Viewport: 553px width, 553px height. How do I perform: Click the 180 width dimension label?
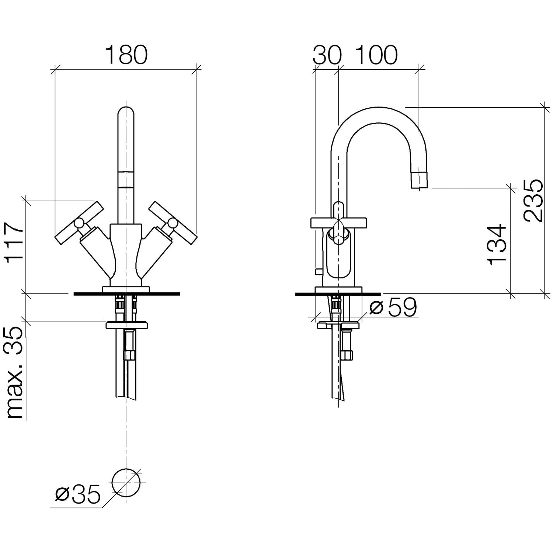pos(126,55)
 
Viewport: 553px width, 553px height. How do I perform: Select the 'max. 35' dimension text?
pos(15,373)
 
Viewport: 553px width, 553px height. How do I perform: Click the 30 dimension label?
pos(327,55)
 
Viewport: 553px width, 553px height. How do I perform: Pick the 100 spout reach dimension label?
pos(376,55)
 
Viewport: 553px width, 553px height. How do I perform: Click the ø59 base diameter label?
pos(393,307)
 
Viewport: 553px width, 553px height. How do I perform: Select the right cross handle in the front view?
pos(172,223)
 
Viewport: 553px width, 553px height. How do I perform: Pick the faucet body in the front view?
pos(126,254)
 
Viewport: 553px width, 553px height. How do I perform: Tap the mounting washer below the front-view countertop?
pos(126,325)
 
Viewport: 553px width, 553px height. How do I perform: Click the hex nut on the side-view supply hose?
pos(347,355)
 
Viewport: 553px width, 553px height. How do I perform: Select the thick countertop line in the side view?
pos(338,294)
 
